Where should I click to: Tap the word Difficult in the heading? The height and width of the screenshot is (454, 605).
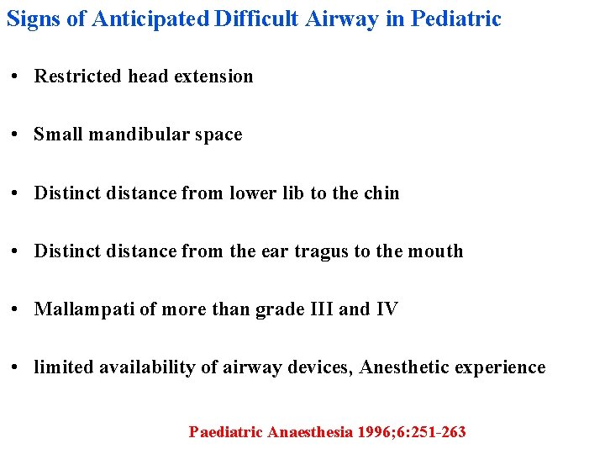pos(255,18)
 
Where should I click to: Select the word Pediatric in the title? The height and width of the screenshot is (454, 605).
pos(455,18)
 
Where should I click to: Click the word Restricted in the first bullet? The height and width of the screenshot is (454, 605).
pos(77,77)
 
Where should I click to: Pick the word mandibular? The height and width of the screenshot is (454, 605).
pos(138,135)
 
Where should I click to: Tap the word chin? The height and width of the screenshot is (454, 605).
pos(382,193)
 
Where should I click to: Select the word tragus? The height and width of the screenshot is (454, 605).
pos(327,251)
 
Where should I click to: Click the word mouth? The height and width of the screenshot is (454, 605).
pos(437,251)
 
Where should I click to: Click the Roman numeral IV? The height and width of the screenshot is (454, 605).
pos(387,309)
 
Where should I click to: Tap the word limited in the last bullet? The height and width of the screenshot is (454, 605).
pos(64,367)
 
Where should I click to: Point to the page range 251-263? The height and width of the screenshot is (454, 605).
pos(437,432)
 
